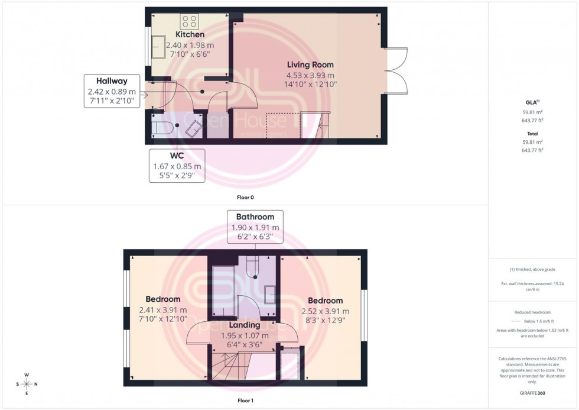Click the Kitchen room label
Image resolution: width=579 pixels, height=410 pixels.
186,35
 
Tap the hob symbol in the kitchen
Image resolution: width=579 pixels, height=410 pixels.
189,22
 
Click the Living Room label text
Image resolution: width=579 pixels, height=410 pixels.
310,64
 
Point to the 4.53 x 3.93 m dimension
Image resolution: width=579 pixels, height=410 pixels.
310,75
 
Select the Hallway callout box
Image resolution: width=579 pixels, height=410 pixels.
112,91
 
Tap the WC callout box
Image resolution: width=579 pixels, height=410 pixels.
177,166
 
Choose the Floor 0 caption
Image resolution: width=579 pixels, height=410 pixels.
245,197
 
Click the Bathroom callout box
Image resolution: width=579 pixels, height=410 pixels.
255,227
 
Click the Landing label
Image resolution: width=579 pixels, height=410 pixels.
245,325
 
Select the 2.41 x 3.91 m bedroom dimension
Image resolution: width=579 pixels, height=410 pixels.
163,310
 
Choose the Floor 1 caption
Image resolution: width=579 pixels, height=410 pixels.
245,401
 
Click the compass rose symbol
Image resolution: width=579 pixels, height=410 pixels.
27,384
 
